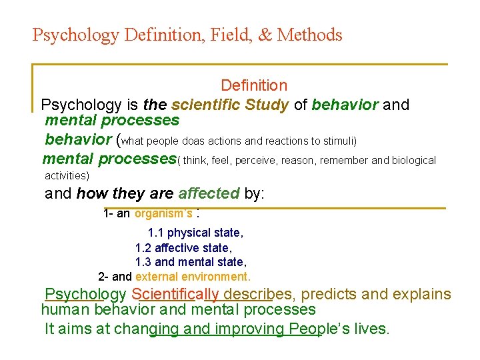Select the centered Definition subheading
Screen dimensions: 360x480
pyautogui.click(x=254, y=85)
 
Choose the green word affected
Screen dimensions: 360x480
pyautogui.click(x=209, y=194)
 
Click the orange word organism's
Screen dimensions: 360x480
pyautogui.click(x=164, y=214)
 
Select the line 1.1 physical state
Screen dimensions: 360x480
pyautogui.click(x=195, y=233)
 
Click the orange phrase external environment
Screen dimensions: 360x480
pyautogui.click(x=193, y=277)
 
